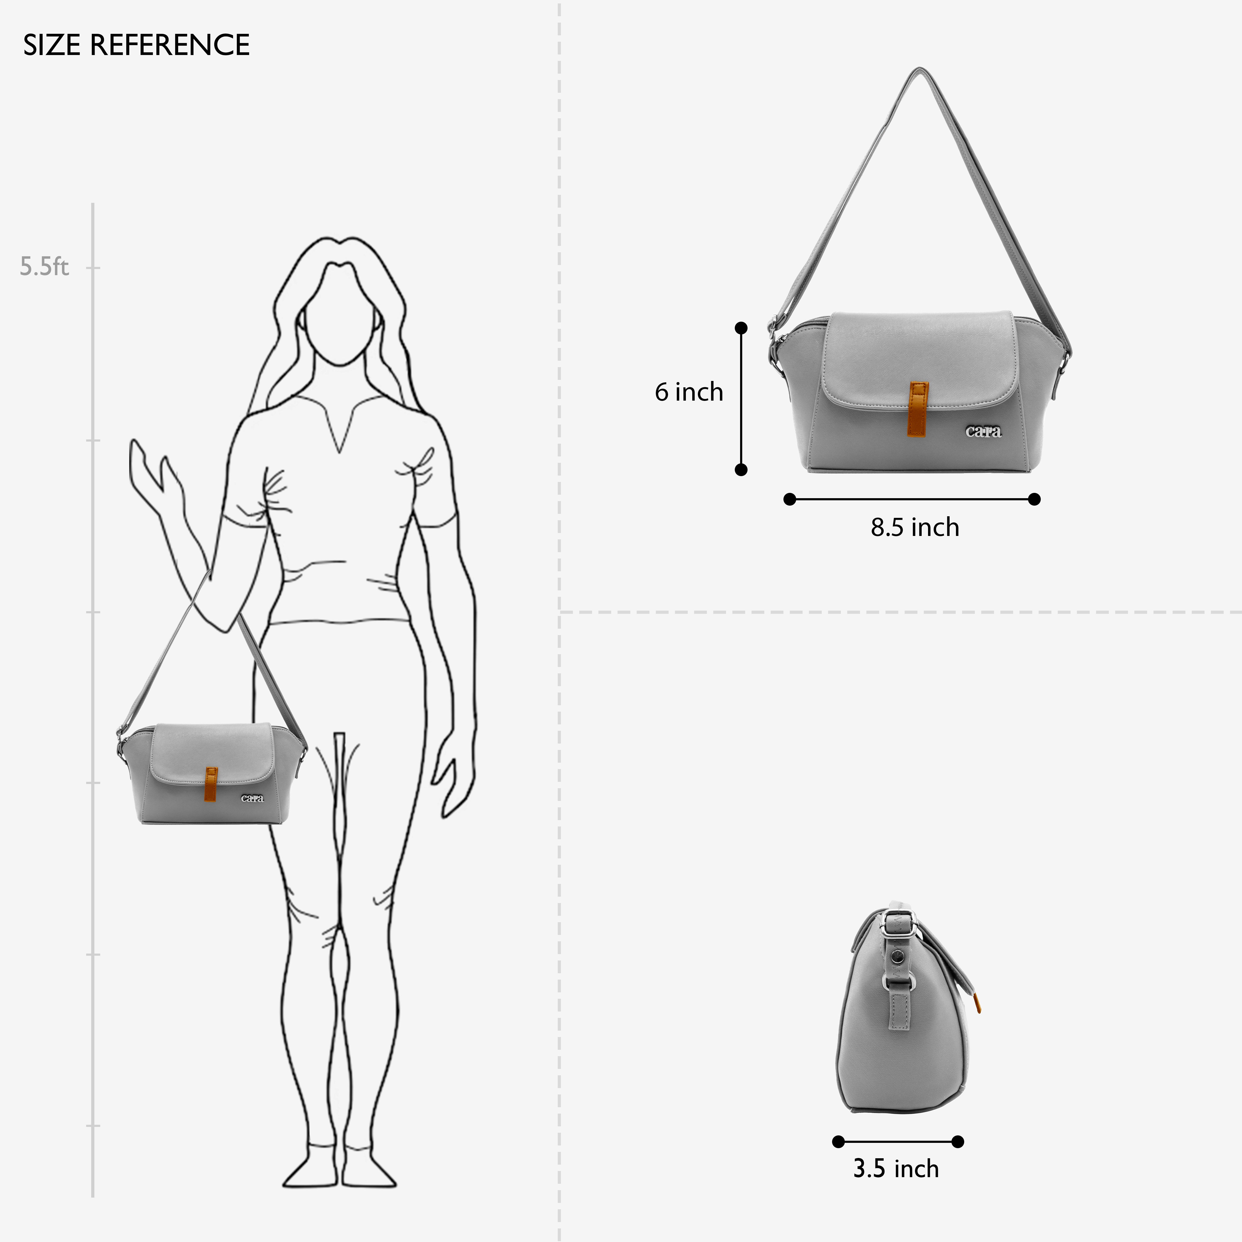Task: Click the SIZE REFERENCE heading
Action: click(136, 45)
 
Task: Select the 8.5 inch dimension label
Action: click(915, 527)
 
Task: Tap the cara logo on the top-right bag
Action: click(984, 431)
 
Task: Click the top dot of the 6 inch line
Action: click(741, 328)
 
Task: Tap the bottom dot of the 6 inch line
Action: click(741, 470)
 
